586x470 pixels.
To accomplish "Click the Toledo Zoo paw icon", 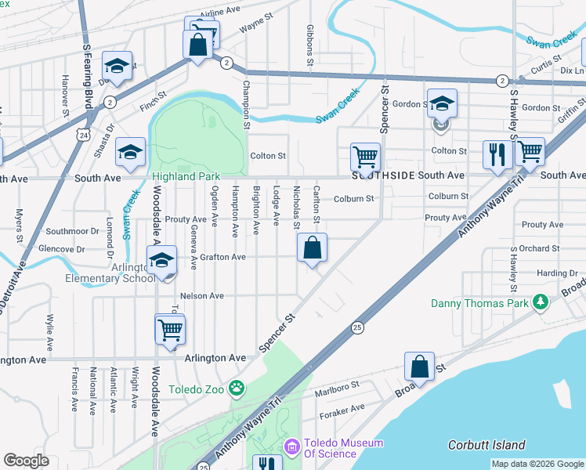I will (x=236, y=387).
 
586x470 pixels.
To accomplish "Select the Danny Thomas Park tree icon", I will (x=539, y=302).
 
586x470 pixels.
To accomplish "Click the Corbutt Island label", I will (x=487, y=445).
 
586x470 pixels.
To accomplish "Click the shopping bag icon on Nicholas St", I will (x=312, y=248).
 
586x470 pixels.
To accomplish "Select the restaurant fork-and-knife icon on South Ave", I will (x=497, y=154).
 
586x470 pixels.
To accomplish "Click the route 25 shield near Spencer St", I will (x=356, y=327).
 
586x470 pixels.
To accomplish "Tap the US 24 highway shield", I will (x=82, y=136).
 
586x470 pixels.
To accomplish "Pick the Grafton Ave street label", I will (x=222, y=257).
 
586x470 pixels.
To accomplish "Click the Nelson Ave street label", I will (x=202, y=296).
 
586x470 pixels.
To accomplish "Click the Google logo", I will (x=26, y=461).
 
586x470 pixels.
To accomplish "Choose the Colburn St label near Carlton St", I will (x=353, y=199).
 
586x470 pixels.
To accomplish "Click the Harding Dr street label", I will (x=557, y=273).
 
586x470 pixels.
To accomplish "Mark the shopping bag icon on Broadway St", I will (x=419, y=367).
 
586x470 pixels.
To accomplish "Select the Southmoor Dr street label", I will (x=71, y=232).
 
